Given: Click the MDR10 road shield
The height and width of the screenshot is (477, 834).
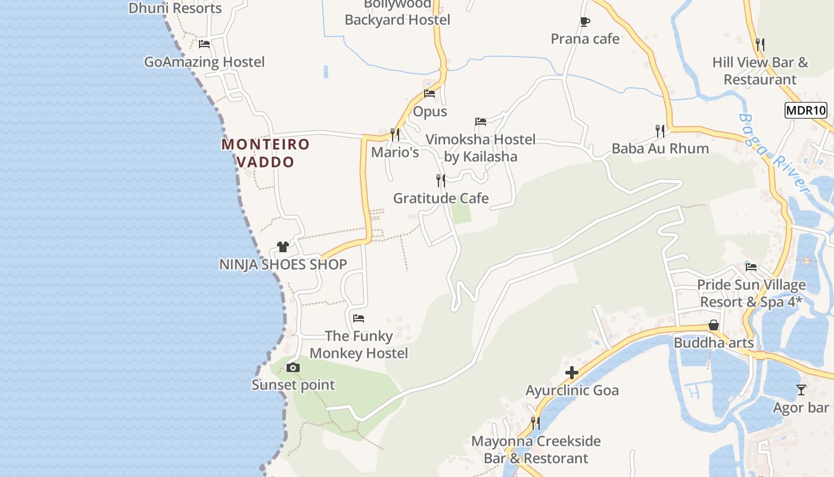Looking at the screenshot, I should coord(806,110).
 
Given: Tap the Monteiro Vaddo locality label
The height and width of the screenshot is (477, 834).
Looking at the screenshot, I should coord(266,153).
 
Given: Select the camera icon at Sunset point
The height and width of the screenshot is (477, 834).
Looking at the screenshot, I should coord(292,367).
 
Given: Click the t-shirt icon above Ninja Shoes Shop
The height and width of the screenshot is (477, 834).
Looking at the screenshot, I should coord(283,247).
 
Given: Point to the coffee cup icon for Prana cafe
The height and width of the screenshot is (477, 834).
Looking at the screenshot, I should coord(585,22).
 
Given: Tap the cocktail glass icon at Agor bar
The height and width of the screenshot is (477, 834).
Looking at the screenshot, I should coord(801,390).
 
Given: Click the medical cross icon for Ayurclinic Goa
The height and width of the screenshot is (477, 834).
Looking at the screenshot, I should coord(572,373).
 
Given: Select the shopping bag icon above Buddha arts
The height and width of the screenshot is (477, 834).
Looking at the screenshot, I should coord(714,326).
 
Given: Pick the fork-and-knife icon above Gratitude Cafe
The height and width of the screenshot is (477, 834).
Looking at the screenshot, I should coord(441,180).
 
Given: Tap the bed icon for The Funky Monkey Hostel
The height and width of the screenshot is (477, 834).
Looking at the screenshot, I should coord(359,318).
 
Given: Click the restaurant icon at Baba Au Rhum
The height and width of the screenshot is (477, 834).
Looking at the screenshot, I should coord(660,131).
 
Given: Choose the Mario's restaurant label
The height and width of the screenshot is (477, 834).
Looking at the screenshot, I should coord(395,153).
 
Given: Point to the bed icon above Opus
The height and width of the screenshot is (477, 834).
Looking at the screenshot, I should coord(430,94).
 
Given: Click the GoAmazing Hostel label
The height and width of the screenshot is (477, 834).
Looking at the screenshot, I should coord(204,62).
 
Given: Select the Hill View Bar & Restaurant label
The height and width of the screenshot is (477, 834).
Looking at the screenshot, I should coord(760,71).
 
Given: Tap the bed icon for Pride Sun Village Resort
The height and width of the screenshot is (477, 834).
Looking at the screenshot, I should coord(751,267).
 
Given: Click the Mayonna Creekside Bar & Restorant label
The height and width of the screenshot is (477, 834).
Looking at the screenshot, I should coord(536,450).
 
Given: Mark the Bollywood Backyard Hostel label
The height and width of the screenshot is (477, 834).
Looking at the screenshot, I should coord(397,13).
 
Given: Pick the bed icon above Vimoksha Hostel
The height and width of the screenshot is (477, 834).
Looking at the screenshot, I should coord(481,122).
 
